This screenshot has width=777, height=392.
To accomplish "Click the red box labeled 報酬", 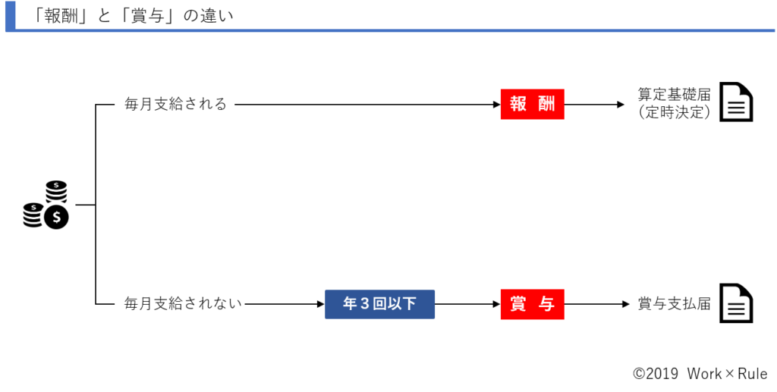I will [x=532, y=105].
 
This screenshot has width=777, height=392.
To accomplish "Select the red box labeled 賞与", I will [x=532, y=305].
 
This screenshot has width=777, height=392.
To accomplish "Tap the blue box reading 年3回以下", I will [x=379, y=304].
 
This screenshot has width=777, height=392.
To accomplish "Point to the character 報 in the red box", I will [x=517, y=105].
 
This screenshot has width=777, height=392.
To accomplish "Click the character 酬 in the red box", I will [x=546, y=105].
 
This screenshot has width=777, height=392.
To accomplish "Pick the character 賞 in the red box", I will [x=517, y=305].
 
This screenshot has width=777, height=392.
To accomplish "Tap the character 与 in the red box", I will [x=546, y=305].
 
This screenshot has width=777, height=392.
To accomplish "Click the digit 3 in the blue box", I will [x=364, y=304].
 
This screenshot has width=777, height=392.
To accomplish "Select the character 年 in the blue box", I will [x=350, y=304].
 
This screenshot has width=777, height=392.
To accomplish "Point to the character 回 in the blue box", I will [x=379, y=304].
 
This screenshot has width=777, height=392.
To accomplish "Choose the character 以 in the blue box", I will [x=395, y=304].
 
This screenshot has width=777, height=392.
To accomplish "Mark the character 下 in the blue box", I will [x=410, y=304].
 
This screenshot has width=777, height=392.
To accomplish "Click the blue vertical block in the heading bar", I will [x=10, y=16].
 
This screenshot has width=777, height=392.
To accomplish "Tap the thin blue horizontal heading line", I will [x=395, y=30].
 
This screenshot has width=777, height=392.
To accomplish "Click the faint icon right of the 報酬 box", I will [x=743, y=89].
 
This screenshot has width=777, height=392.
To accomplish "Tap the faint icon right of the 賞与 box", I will [x=743, y=290].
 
